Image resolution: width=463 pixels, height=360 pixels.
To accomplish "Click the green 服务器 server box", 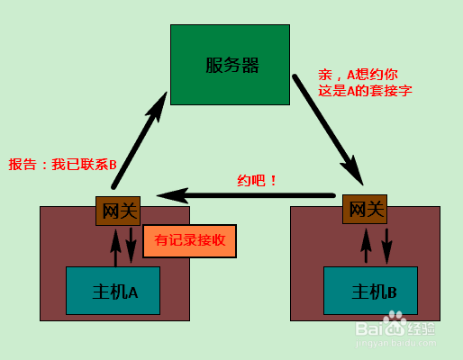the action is [230, 65].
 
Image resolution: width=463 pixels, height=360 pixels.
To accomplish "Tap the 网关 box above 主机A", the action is [118, 211].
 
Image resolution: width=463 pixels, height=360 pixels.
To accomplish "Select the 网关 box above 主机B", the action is [365, 209].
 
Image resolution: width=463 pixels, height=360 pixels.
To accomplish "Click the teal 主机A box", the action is [113, 291].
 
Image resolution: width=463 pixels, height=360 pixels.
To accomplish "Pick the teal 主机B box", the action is [370, 291].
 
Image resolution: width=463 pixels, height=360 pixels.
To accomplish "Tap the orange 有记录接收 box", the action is [190, 241].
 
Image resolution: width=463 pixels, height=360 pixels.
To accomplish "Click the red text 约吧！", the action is [257, 181].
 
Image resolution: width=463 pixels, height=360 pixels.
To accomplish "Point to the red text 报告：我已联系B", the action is [62, 165].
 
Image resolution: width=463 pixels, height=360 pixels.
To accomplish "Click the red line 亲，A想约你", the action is [358, 75].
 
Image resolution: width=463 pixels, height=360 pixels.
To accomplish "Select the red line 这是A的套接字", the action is [365, 91].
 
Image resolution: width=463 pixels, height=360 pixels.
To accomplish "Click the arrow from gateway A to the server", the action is [140, 140].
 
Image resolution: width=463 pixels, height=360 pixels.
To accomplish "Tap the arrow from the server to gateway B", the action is [328, 130].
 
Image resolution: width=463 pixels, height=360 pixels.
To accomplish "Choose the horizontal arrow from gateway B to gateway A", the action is [246, 195].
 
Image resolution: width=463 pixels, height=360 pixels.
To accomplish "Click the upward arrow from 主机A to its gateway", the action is [115, 247].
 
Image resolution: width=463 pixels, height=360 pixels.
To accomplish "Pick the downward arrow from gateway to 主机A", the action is [131, 246].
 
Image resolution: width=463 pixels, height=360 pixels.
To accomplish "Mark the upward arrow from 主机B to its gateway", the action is [366, 246].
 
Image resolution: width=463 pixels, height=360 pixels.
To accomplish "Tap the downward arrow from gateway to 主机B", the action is [386, 247].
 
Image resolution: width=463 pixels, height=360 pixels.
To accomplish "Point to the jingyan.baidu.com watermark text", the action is [395, 343].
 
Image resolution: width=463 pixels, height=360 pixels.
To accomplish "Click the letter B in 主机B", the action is [392, 292].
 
